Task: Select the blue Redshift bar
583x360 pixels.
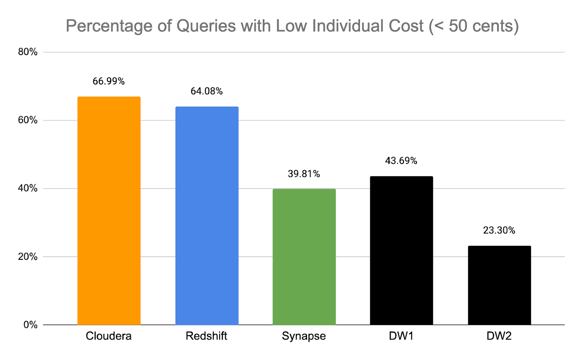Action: click(x=207, y=216)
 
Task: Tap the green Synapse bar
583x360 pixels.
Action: click(x=304, y=257)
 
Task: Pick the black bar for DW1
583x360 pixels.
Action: click(x=401, y=250)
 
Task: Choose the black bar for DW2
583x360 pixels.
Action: click(x=499, y=285)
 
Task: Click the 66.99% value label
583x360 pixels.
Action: click(x=109, y=81)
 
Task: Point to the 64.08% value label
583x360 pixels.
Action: click(x=207, y=91)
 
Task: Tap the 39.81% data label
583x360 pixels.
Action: click(x=304, y=174)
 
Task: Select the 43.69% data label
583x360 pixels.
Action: click(x=401, y=161)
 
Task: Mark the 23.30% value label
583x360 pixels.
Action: click(x=499, y=230)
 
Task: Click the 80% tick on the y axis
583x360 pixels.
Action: click(x=28, y=52)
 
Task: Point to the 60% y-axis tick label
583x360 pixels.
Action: click(x=28, y=120)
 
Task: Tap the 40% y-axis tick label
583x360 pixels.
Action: click(x=28, y=188)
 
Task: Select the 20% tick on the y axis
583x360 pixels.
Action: click(x=28, y=257)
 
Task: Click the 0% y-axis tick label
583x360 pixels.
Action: click(x=30, y=325)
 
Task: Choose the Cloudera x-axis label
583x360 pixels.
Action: click(x=109, y=336)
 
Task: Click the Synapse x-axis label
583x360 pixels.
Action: click(x=304, y=336)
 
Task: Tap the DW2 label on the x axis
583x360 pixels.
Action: click(x=499, y=336)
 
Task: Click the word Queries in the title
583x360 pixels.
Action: click(x=206, y=26)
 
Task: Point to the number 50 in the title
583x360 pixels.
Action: click(x=458, y=26)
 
